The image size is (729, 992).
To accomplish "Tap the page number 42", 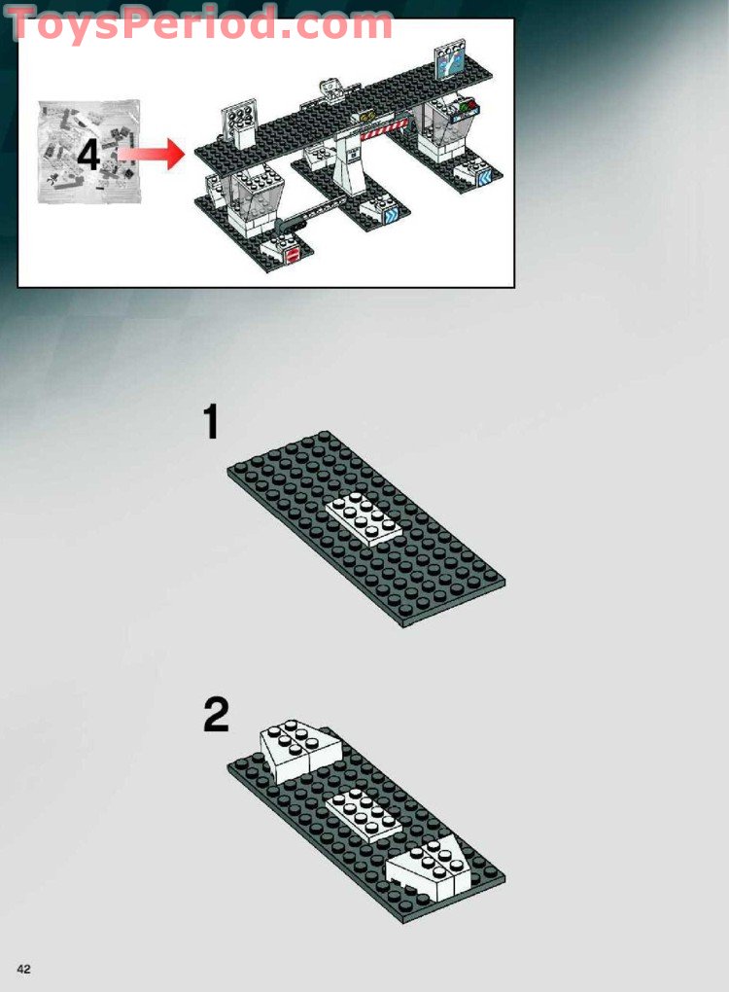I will tap(24, 967).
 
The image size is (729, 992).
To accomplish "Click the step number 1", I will tap(210, 424).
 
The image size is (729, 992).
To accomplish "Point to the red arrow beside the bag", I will tap(152, 153).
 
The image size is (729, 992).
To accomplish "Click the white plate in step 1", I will tap(364, 519).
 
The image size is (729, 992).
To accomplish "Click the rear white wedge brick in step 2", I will tap(295, 751).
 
